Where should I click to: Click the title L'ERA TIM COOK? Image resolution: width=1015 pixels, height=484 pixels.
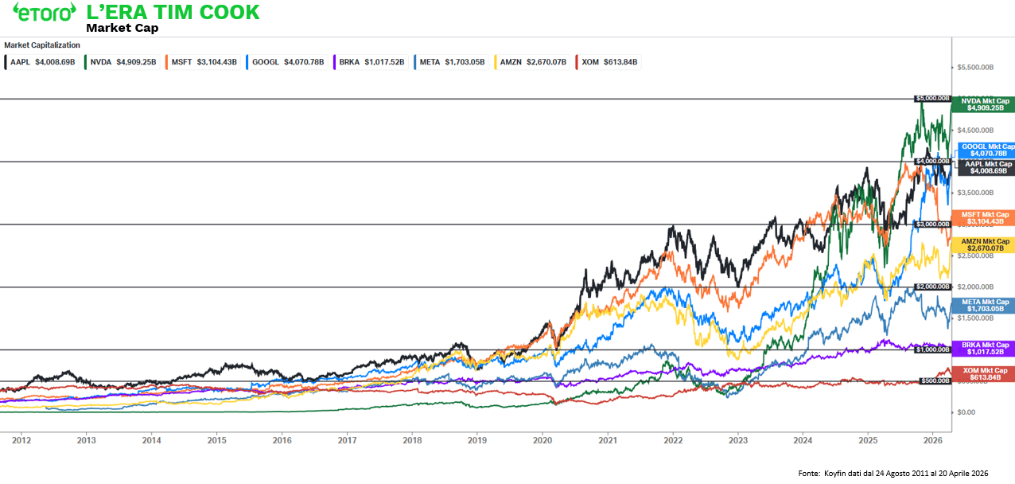(x=173, y=12)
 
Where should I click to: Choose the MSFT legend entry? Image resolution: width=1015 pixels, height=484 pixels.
(x=202, y=61)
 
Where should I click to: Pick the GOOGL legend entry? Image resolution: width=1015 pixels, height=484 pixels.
(x=286, y=61)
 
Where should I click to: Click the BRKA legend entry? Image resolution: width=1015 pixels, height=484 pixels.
(x=370, y=61)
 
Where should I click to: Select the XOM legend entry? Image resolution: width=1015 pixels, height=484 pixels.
(x=609, y=61)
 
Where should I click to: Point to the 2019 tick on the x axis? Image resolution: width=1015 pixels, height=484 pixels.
(x=476, y=439)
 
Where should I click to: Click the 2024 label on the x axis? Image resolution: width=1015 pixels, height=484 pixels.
(x=803, y=439)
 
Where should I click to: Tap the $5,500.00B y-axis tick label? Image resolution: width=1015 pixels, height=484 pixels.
(x=974, y=68)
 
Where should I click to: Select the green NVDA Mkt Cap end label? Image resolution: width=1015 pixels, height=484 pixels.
(x=985, y=104)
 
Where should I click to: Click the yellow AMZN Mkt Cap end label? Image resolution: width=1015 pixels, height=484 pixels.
(x=985, y=245)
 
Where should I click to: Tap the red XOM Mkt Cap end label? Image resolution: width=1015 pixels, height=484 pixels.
(x=985, y=374)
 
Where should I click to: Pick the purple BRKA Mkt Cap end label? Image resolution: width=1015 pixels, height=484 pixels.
(x=985, y=348)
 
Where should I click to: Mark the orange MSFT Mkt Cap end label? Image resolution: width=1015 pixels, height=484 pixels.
(x=985, y=218)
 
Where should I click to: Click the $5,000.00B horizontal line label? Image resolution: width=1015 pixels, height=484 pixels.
(x=933, y=99)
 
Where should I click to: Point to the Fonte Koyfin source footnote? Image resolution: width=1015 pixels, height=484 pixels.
(x=892, y=474)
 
